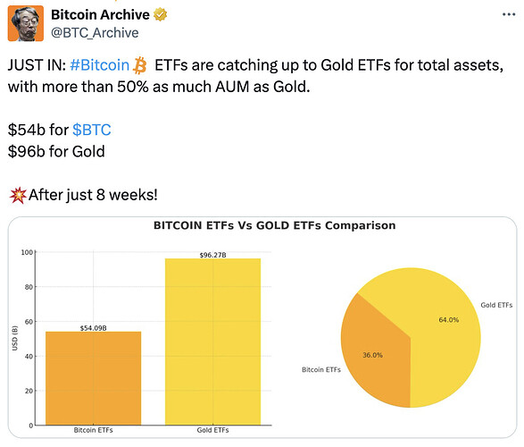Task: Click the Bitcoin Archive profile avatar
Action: (26, 23)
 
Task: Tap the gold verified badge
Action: (161, 14)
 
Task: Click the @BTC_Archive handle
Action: (95, 33)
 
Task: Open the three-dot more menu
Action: (509, 14)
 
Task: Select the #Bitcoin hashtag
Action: (100, 65)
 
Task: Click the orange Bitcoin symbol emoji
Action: (139, 65)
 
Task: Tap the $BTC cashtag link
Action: (92, 130)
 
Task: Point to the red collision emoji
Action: (18, 195)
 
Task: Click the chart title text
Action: (274, 225)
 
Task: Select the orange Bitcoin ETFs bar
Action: (93, 378)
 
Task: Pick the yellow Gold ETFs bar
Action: (212, 342)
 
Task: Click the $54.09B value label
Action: (93, 328)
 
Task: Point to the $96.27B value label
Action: (212, 255)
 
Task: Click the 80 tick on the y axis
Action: (29, 287)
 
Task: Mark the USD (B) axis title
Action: (14, 338)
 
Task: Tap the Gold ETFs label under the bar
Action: (212, 430)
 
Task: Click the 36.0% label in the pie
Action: (372, 355)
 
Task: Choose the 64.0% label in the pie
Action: (449, 320)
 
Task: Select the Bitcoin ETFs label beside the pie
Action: (321, 370)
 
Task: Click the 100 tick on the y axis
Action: (27, 252)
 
